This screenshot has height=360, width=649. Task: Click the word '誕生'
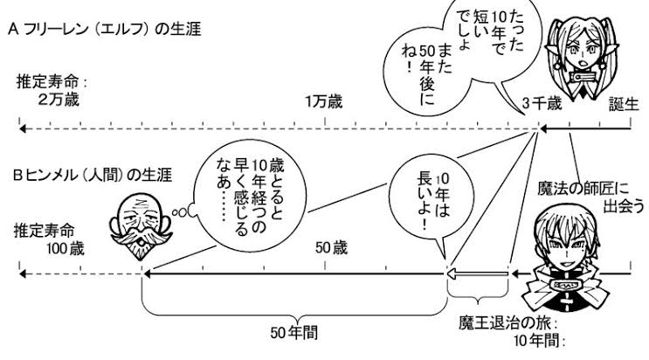625,105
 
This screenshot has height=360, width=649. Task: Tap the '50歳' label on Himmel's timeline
333,249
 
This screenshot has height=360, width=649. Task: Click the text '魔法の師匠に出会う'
593,194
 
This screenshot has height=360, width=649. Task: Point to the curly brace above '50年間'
294,306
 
